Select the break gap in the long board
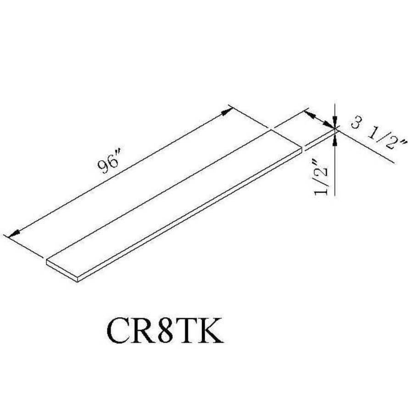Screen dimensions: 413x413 coord(303,147)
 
